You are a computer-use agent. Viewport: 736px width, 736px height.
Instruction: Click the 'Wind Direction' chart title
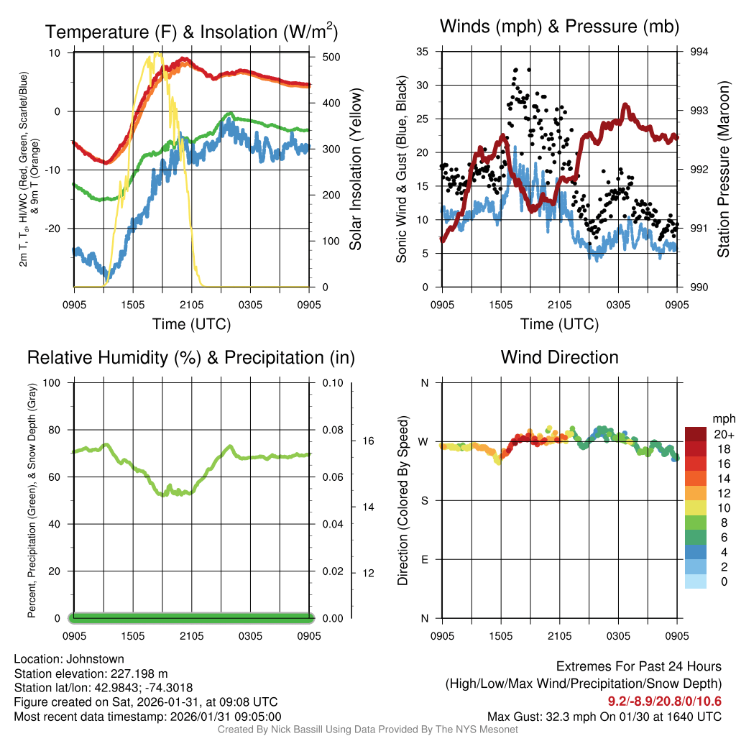tap(559, 357)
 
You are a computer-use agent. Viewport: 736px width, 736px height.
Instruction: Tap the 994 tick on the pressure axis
tap(698, 52)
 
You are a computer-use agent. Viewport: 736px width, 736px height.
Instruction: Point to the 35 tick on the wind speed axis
tap(423, 52)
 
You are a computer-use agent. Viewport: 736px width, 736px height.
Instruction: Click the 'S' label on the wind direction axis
tap(424, 500)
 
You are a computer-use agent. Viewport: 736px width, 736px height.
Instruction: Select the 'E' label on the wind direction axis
tap(424, 559)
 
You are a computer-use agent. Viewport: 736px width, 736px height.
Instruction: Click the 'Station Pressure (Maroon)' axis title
tap(723, 170)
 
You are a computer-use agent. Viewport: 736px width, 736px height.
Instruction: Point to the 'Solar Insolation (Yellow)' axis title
tap(355, 170)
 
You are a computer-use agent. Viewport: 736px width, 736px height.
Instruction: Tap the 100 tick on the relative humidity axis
tap(52, 382)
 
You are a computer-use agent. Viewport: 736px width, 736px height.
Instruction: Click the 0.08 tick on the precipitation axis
tap(331, 430)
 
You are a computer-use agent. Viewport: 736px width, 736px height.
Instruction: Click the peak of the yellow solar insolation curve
tap(157, 53)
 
